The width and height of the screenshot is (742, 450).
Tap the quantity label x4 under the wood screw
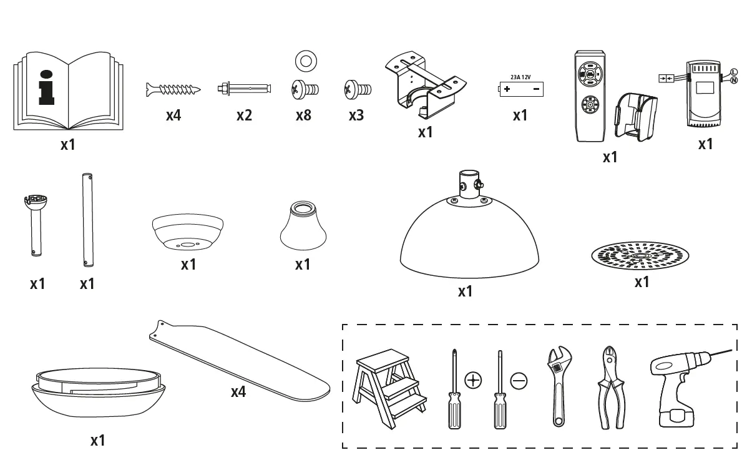tap(173, 115)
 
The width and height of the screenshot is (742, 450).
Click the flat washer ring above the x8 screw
tap(305, 61)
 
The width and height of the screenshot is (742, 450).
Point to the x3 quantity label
tap(356, 115)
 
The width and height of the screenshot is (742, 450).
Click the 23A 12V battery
tap(520, 89)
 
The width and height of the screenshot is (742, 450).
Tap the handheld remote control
tap(590, 97)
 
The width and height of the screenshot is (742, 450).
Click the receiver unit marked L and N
tap(703, 94)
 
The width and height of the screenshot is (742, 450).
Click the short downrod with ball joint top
tap(36, 225)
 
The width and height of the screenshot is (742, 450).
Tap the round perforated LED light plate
tap(640, 256)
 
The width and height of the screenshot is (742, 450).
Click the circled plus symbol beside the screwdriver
tap(473, 379)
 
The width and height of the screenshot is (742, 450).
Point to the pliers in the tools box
tap(610, 387)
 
